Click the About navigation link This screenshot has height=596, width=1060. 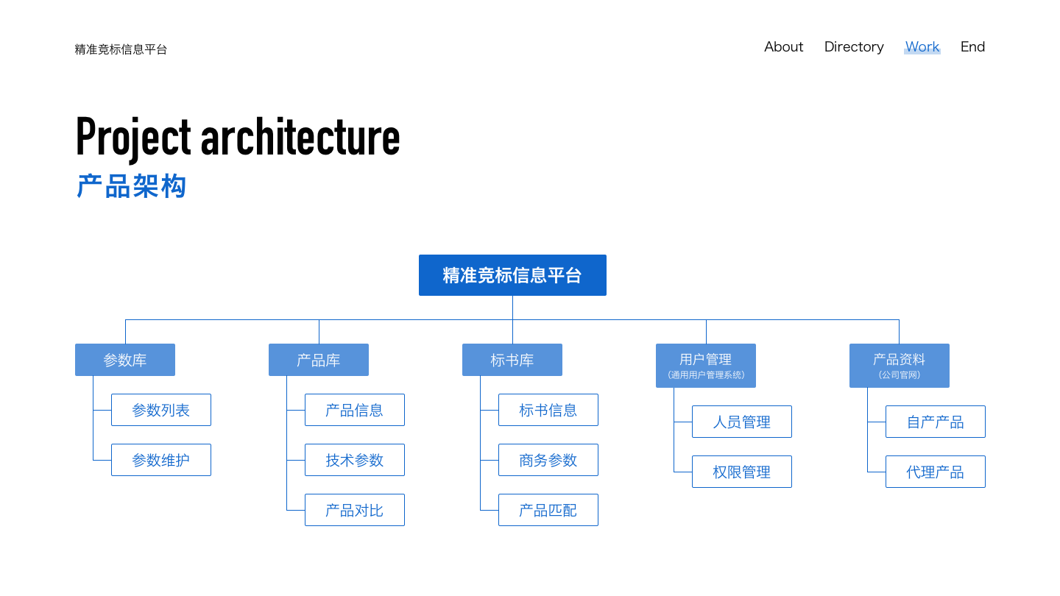point(784,47)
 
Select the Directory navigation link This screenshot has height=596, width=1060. point(854,47)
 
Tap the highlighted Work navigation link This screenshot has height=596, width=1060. point(922,47)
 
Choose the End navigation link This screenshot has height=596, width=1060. point(972,47)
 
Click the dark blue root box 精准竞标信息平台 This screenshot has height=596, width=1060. point(512,275)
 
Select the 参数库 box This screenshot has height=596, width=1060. point(125,360)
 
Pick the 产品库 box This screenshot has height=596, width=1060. point(319,360)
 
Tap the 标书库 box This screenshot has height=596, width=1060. point(512,360)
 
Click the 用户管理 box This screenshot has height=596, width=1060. point(705,366)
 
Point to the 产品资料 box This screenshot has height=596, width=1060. point(899,366)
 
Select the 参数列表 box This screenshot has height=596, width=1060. point(161,410)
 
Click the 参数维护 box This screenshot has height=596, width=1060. point(161,460)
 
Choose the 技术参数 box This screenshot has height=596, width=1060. point(355,460)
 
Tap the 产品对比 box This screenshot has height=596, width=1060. point(355,510)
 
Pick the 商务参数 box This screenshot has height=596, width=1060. point(548,460)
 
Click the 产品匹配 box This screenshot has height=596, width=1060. point(548,510)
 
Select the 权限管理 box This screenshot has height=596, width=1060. point(741,472)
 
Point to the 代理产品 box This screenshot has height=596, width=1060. point(935,472)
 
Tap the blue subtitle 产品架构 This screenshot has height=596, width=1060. point(131,186)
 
